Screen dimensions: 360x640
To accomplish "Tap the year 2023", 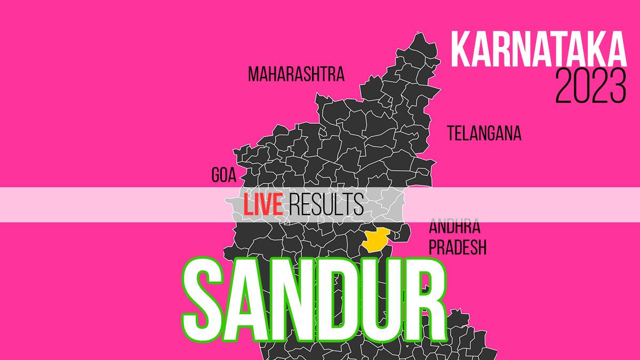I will point(590,87).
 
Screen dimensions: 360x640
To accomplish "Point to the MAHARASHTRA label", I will point(296,74).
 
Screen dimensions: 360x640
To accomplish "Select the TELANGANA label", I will point(484,133).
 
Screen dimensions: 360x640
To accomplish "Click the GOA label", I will point(223,175).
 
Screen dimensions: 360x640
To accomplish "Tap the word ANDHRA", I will point(454,227).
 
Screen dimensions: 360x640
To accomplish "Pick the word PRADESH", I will point(458,247).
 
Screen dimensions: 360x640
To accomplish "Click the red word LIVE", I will point(263,205).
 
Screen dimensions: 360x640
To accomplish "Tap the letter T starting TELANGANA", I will point(451,133).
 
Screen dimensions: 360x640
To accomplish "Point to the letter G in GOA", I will point(215,175).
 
